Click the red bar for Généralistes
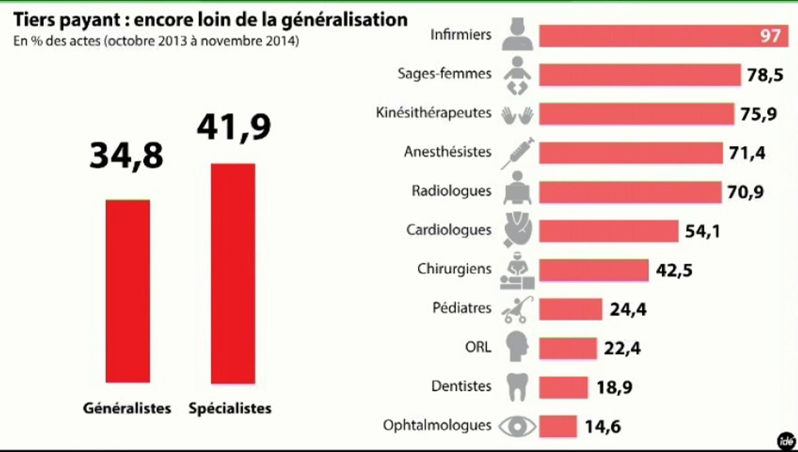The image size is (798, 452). tap(127, 291)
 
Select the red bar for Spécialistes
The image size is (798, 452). tap(233, 274)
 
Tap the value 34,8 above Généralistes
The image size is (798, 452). tap(126, 156)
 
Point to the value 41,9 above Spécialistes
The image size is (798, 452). tap(233, 126)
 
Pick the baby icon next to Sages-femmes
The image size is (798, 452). tap(518, 75)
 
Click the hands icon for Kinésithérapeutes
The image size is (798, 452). tap(518, 115)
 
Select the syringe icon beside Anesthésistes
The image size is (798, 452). tap(518, 153)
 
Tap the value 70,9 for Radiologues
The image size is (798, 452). tap(745, 191)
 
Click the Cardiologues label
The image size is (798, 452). tap(449, 230)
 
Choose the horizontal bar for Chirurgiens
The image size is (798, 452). tap(593, 270)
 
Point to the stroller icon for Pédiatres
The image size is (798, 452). tap(518, 309)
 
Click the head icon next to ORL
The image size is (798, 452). tap(518, 348)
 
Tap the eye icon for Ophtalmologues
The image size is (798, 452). tap(518, 426)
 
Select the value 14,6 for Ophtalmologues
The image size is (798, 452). tap(602, 427)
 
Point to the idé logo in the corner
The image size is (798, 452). tap(785, 441)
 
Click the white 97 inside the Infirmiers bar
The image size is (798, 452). tap(770, 36)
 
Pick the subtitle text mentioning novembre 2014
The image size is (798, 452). tap(156, 42)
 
